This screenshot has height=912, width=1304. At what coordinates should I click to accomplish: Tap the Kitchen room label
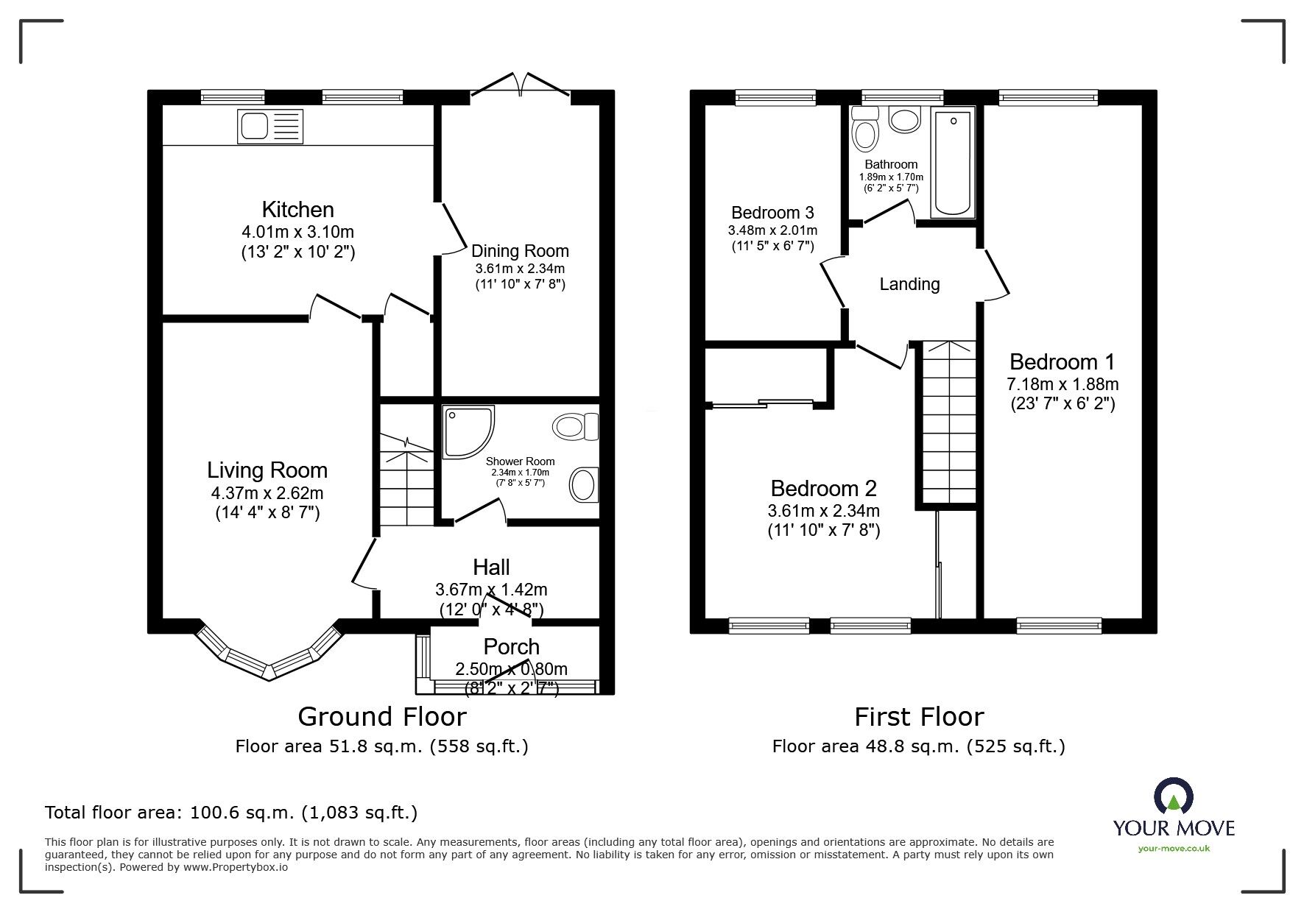click(297, 209)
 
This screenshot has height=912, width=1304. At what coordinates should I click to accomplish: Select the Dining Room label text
click(520, 251)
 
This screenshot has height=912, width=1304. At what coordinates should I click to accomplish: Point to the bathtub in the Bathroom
click(953, 163)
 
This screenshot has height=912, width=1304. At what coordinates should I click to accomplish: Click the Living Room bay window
click(269, 655)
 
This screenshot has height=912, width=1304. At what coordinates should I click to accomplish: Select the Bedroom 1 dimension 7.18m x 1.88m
click(1062, 384)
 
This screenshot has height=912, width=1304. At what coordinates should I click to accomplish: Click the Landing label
click(909, 284)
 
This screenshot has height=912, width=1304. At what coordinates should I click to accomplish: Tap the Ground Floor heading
click(381, 716)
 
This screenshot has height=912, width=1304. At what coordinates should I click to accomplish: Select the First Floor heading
click(918, 716)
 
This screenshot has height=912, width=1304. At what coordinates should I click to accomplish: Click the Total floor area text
click(231, 813)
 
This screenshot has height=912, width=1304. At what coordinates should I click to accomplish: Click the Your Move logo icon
click(1173, 796)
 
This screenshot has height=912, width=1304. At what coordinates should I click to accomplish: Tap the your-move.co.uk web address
click(1174, 849)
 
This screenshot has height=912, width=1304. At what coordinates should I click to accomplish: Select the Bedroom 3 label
click(772, 213)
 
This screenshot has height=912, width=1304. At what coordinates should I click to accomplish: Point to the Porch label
click(511, 647)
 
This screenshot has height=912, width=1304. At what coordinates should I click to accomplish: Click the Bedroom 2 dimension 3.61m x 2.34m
click(823, 510)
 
